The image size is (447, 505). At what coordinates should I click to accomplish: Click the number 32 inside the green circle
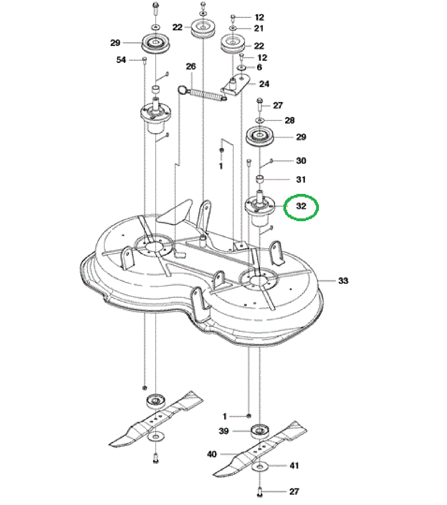[x=301, y=206]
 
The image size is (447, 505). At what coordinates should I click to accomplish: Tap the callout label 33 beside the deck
[x=343, y=281]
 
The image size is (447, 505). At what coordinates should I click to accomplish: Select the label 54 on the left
[x=121, y=60]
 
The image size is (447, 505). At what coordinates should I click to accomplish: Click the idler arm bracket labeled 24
[x=236, y=85]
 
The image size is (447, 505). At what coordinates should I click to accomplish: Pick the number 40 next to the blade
[x=212, y=454]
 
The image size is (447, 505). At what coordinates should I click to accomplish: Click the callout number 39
[x=224, y=431]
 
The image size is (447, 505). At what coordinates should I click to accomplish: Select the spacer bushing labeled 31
[x=259, y=179]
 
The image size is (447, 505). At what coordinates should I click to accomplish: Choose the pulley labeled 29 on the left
[x=156, y=43]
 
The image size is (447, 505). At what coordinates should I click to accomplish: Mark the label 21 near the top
[x=259, y=28]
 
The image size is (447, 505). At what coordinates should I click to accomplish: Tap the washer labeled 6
[x=242, y=68]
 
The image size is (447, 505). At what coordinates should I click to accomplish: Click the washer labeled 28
[x=260, y=120]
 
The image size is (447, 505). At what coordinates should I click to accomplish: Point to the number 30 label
[x=301, y=161]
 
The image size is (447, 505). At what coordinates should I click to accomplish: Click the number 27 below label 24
[x=278, y=105]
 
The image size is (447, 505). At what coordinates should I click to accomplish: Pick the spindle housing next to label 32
[x=260, y=211]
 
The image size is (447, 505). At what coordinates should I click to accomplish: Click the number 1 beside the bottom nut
[x=225, y=416]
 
